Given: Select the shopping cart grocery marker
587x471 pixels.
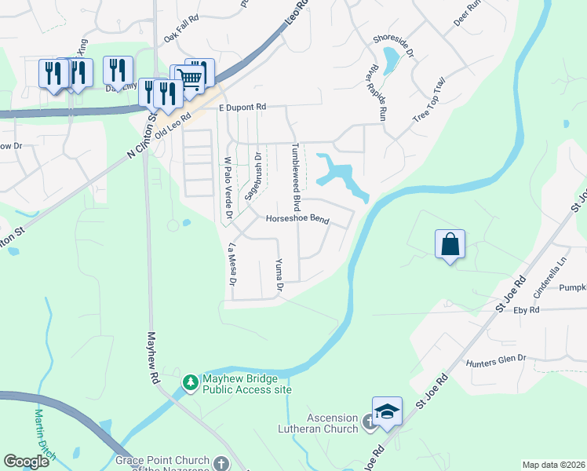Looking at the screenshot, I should [x=188, y=77].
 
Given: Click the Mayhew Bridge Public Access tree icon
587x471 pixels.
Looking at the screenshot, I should [x=189, y=383].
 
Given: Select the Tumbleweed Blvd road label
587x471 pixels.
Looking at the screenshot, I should [x=296, y=177].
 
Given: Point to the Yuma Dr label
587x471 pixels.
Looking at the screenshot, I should [x=279, y=276].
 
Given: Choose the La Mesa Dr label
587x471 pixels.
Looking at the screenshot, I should [x=232, y=264].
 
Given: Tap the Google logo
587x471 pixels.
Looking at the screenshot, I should [x=27, y=462].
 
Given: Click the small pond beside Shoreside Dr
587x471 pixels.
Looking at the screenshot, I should [x=389, y=57].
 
